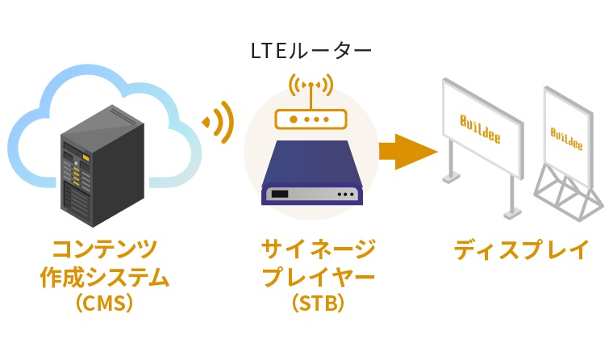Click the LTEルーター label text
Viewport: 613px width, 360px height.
(x=311, y=52)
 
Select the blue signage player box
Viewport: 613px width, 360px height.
(x=311, y=174)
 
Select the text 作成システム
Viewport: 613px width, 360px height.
(x=105, y=277)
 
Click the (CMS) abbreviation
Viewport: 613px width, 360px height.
(x=105, y=305)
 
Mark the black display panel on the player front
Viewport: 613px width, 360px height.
(x=281, y=195)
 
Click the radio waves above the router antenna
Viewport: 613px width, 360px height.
(x=311, y=83)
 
